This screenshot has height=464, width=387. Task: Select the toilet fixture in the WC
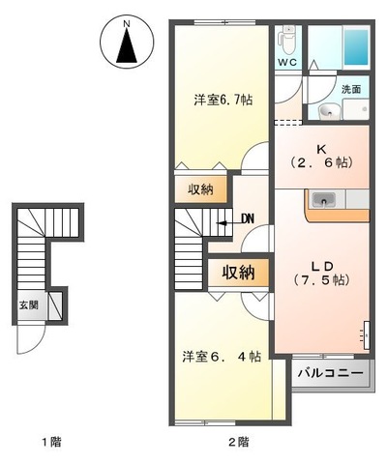[x=287, y=40]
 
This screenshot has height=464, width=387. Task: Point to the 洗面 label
[x=350, y=89]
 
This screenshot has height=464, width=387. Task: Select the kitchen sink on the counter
[x=323, y=200]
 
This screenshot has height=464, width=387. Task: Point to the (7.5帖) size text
[x=321, y=279]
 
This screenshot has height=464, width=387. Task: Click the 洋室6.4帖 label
[x=222, y=357]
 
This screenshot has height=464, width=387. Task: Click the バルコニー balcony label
[x=329, y=372]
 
